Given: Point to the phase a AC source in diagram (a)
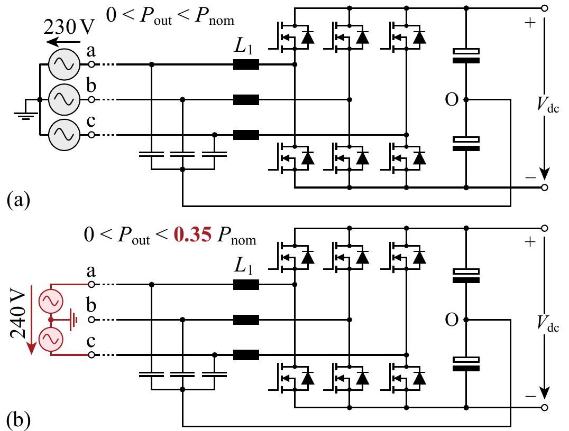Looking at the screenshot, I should click(x=64, y=65).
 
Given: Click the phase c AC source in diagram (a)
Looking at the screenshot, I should click(x=64, y=135).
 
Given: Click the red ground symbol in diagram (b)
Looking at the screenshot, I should click(x=75, y=320).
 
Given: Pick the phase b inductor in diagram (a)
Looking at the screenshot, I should click(x=246, y=100).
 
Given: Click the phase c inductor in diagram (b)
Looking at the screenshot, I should click(x=246, y=355).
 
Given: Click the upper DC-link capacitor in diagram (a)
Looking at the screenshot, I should click(x=466, y=55).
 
